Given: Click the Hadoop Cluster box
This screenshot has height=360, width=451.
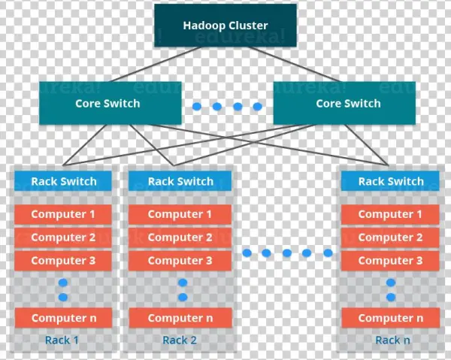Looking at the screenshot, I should click(x=225, y=26).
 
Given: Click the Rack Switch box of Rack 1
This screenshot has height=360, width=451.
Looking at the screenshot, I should click(x=63, y=181).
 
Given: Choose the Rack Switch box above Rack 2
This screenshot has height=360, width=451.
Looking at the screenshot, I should click(x=180, y=181).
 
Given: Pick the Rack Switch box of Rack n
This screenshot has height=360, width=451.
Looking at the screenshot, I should click(x=391, y=181).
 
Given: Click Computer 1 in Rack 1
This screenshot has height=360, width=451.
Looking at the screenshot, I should click(x=63, y=214).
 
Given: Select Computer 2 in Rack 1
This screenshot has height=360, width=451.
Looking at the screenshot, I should click(x=63, y=237).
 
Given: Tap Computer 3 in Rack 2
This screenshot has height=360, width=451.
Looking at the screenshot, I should click(x=180, y=261).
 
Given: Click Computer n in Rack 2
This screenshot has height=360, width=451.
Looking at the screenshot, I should click(x=180, y=318).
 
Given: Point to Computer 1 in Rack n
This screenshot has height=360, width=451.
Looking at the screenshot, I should click(x=391, y=214).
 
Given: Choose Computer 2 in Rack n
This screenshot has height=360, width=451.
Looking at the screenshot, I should click(x=391, y=237).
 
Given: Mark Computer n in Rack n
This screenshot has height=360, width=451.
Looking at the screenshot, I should click(x=391, y=318).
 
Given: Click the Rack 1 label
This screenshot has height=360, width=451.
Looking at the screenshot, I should click(x=62, y=340).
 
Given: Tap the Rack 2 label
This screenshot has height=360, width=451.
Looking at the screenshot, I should click(x=180, y=340).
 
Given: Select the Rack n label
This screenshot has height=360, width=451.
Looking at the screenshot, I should click(x=392, y=340).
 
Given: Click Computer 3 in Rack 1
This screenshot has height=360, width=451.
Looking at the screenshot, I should click(x=63, y=261).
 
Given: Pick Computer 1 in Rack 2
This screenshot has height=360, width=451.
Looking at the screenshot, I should click(x=180, y=214).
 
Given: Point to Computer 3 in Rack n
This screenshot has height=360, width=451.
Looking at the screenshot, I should click(x=391, y=261).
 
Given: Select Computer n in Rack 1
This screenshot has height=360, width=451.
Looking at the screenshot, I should click(x=63, y=318).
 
